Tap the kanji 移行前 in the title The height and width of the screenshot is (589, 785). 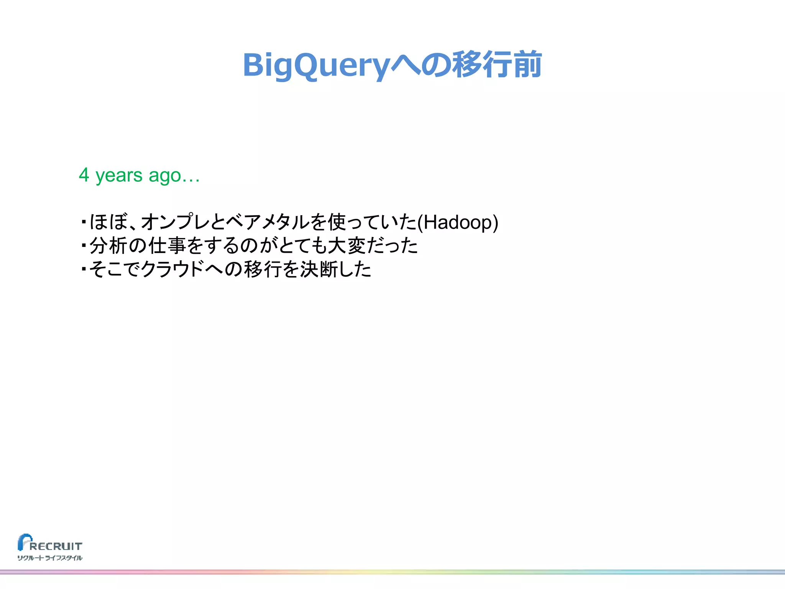(497, 64)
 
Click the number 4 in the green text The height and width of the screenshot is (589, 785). (84, 175)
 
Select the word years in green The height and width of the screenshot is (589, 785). (119, 176)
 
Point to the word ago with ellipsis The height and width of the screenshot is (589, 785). (174, 176)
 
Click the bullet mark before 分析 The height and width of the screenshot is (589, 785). (83, 245)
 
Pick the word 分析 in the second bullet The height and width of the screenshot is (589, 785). (108, 246)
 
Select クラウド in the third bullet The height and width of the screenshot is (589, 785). (172, 269)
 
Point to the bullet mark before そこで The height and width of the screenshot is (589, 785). (83, 269)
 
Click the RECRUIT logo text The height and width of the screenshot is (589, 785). (56, 546)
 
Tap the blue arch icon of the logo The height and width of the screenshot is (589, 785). (24, 541)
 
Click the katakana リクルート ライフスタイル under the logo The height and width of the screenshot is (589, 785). (50, 558)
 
